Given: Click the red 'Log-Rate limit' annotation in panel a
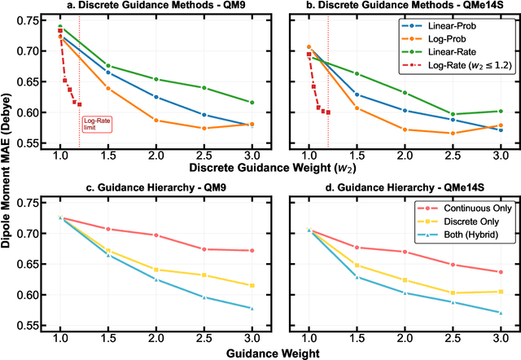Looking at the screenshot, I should (x=93, y=124).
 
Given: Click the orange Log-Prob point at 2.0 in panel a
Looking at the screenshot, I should (x=155, y=121).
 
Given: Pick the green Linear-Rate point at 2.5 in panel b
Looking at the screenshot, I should (x=453, y=114).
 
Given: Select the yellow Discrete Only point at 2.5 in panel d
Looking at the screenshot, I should (x=453, y=293).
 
